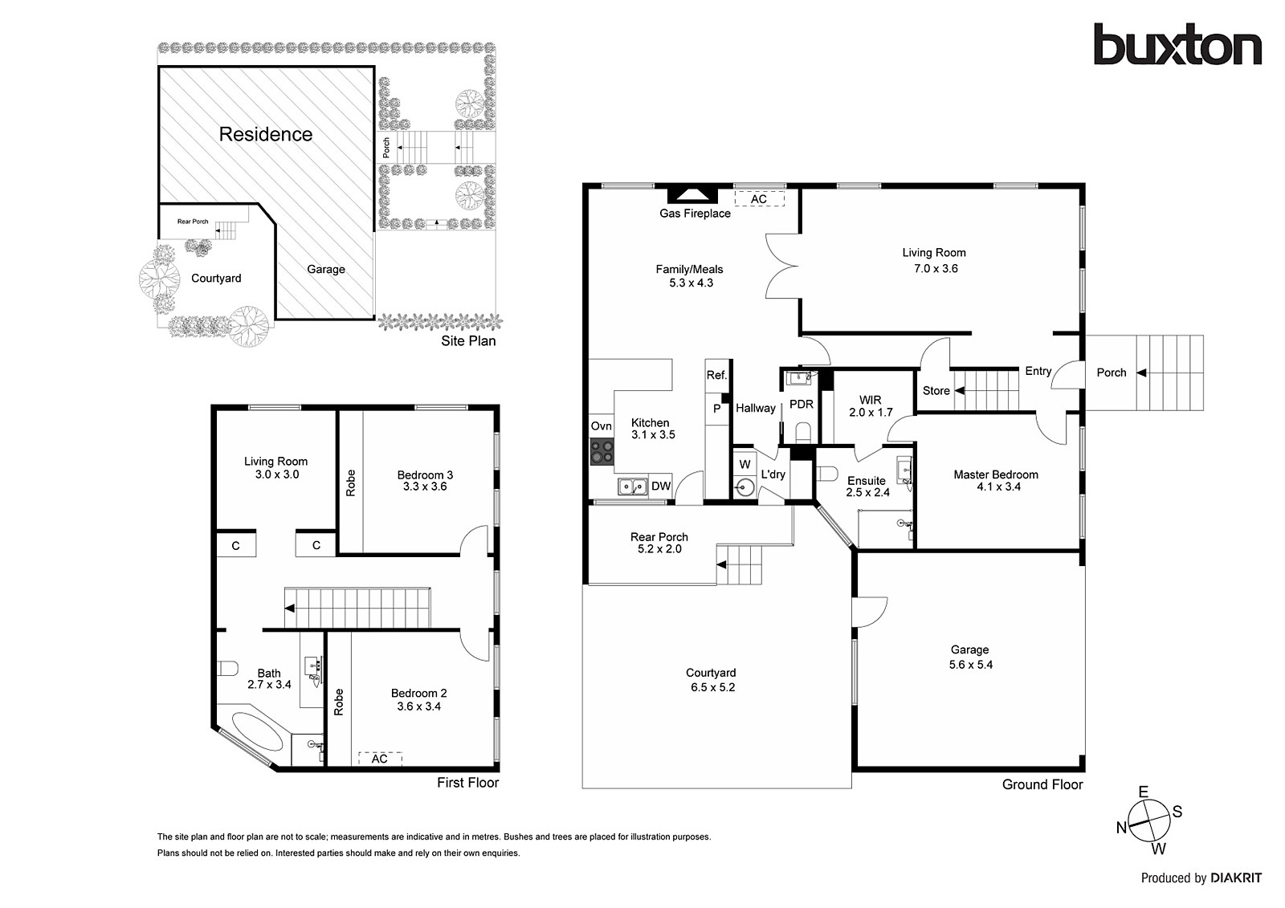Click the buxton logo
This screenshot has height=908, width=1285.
click(1177, 45)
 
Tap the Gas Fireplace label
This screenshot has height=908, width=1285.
click(695, 214)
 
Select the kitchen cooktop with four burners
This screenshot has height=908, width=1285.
click(602, 452)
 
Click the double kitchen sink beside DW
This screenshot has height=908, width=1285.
click(633, 486)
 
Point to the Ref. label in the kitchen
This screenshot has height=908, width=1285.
click(716, 375)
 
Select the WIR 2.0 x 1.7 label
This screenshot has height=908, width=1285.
click(871, 406)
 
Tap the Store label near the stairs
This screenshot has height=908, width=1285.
click(936, 391)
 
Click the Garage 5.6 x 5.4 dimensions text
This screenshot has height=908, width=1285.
click(970, 665)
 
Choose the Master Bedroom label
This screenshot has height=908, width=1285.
click(995, 474)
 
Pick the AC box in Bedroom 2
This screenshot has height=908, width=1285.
click(380, 759)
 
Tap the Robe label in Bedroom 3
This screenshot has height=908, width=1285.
click(350, 482)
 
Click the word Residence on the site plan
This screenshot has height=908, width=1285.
click(266, 134)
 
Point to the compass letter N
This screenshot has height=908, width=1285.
click(1121, 829)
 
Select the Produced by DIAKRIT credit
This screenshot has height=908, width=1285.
click(1201, 878)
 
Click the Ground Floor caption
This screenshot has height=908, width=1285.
click(1042, 784)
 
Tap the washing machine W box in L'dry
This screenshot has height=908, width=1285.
click(744, 464)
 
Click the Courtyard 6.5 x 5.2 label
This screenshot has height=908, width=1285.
click(712, 680)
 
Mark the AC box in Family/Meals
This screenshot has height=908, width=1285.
click(759, 199)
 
